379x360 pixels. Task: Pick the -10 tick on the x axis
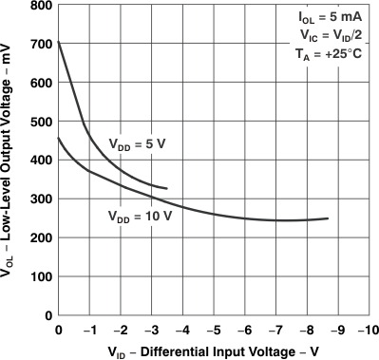coord(365,330)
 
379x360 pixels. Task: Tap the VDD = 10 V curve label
coord(139,216)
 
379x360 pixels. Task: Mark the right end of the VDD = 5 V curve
coord(167,188)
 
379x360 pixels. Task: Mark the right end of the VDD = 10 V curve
coord(328,218)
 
